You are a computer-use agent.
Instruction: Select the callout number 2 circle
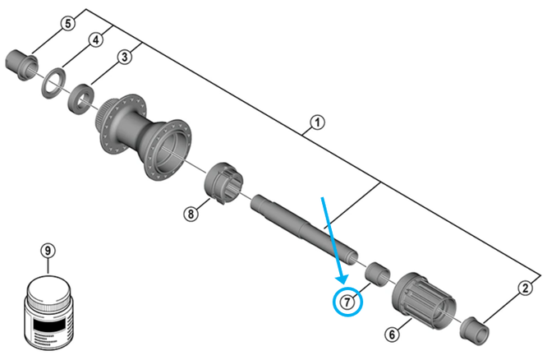point(523,287)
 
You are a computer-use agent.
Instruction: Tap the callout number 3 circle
point(124,57)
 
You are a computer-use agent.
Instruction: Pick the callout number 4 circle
point(96,39)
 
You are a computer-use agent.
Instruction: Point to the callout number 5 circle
point(68,23)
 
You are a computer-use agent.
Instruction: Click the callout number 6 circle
point(392,334)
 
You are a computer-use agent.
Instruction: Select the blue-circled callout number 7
point(349,302)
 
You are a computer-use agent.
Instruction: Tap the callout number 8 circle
point(191,214)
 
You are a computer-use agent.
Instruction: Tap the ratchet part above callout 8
point(223,182)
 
